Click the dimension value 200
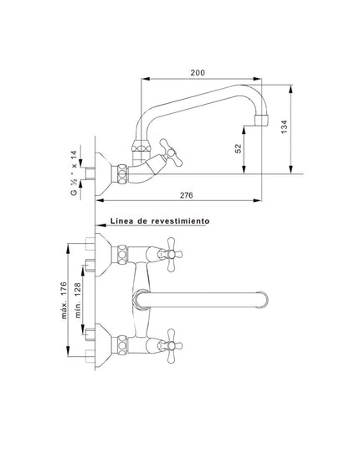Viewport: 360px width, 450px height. point(198,73)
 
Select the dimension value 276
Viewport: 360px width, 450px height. point(187,195)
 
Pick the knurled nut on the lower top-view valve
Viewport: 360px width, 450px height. point(123,343)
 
